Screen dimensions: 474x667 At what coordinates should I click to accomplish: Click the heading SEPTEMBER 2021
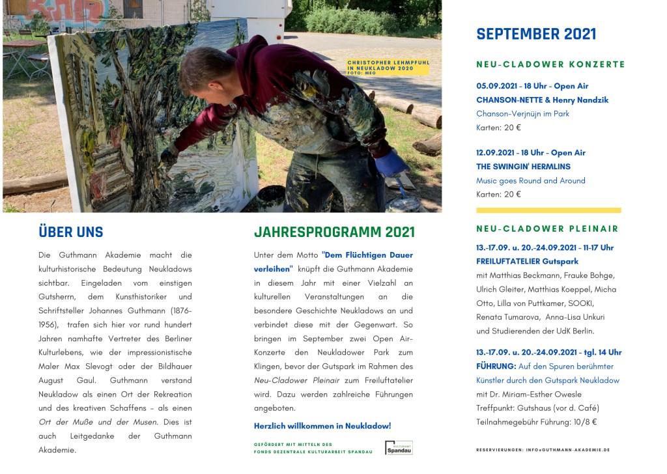click(536, 35)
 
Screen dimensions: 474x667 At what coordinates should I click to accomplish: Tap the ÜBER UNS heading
click(71, 232)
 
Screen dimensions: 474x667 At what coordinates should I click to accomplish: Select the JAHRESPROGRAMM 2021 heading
click(334, 232)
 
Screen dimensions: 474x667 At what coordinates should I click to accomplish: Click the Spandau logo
click(399, 448)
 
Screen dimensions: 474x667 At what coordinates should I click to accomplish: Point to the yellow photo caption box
click(388, 67)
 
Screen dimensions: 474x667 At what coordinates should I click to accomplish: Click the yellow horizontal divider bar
click(548, 210)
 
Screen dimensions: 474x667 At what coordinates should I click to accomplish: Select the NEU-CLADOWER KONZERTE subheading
click(550, 64)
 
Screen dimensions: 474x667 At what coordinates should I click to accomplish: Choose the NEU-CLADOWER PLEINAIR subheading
click(547, 229)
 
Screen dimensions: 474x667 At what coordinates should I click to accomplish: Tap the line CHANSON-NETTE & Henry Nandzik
click(542, 100)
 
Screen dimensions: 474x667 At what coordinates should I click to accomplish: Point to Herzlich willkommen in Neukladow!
click(322, 426)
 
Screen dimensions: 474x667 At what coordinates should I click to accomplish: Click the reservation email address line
click(543, 450)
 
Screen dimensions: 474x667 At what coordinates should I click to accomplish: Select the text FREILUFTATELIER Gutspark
click(527, 262)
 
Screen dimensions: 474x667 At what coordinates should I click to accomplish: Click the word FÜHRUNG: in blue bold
click(496, 367)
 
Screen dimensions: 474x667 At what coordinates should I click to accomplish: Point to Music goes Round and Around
click(530, 181)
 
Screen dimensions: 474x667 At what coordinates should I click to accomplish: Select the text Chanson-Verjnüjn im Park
click(522, 114)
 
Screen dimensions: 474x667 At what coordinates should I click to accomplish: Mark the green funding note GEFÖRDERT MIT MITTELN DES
click(293, 444)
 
